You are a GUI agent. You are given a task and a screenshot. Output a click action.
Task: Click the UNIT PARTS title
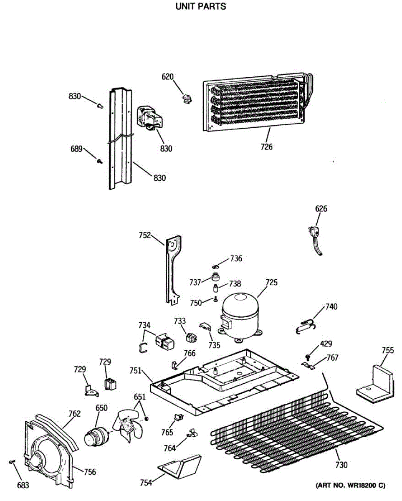pos(201,7)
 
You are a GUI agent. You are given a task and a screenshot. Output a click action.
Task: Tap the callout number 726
pos(266,147)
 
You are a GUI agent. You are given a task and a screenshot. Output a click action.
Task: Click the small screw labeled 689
pos(100,161)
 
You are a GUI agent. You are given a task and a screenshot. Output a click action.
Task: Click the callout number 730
pos(341,465)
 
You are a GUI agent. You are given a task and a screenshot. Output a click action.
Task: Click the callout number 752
pos(145,235)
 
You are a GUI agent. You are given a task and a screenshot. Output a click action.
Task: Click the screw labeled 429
pos(308,357)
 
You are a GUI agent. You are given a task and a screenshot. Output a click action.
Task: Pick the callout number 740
pos(331,307)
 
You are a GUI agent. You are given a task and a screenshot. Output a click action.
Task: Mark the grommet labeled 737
pos(216,277)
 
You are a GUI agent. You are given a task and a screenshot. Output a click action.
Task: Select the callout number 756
pos(90,472)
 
